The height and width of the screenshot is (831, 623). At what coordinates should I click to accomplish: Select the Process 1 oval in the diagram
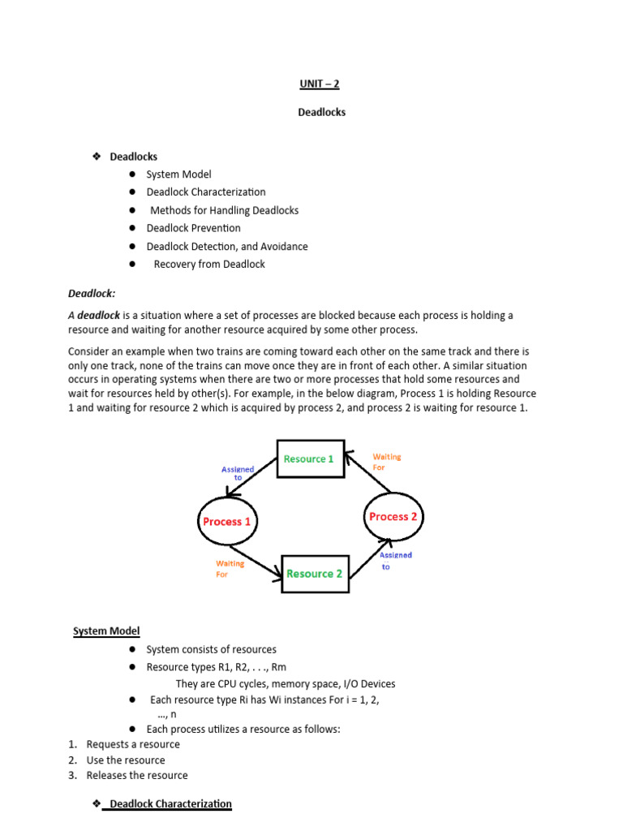tap(226, 521)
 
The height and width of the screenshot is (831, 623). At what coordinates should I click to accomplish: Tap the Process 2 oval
tap(393, 516)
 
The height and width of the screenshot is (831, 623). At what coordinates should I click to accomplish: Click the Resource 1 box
tap(308, 459)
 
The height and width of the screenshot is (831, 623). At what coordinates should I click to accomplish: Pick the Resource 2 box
tap(314, 573)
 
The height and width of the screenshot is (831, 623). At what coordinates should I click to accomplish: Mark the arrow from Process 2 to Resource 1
tap(369, 473)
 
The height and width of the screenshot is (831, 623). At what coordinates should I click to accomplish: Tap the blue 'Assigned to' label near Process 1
tap(238, 473)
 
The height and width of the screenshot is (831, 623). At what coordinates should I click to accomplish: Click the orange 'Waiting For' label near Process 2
tap(386, 462)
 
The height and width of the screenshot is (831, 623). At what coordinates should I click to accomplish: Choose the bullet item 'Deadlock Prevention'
tap(193, 228)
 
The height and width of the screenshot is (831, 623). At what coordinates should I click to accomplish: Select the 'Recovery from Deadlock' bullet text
tap(209, 264)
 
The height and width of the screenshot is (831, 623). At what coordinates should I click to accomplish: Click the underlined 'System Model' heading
tap(106, 631)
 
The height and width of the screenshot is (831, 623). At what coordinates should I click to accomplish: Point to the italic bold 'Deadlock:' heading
tap(91, 293)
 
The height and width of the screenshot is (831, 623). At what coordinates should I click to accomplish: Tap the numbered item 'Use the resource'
tap(126, 760)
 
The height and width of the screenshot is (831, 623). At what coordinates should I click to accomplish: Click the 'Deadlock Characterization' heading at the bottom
tap(170, 803)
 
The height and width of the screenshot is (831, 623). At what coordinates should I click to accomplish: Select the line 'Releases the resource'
tap(137, 775)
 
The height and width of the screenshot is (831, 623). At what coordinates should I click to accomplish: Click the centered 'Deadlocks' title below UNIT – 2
tap(321, 112)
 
